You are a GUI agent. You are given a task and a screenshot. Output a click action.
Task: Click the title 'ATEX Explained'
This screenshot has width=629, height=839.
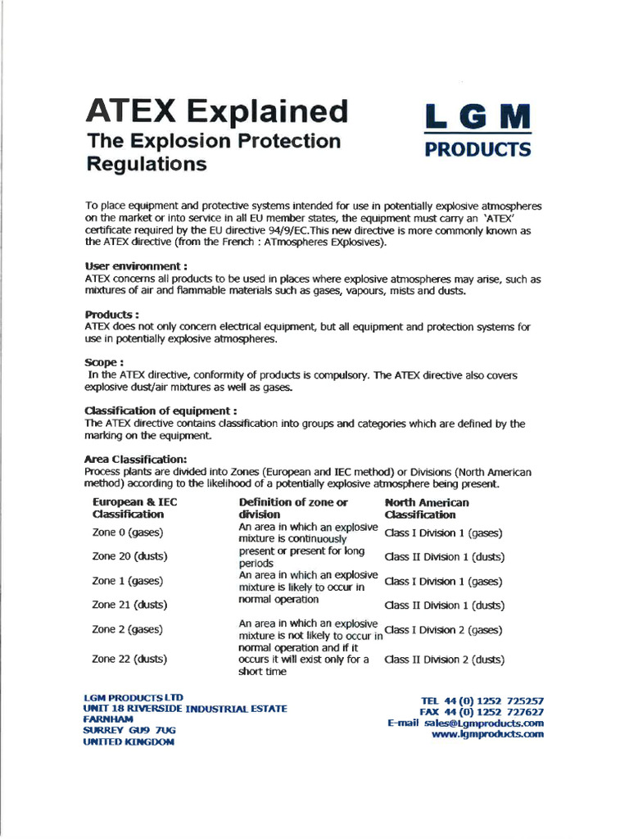coord(217,110)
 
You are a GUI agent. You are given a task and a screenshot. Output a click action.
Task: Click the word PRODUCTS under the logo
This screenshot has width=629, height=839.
coord(477,149)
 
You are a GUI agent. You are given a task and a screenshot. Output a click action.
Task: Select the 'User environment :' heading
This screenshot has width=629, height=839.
coord(136,266)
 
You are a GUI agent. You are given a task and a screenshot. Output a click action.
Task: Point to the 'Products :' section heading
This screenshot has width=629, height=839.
coord(112,314)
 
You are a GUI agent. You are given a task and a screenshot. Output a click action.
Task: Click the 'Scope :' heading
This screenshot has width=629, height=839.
coord(104,361)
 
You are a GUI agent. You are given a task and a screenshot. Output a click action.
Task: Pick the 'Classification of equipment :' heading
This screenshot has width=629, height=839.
coord(161,410)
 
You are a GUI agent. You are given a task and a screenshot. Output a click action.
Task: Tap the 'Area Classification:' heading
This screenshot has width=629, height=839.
coord(136,459)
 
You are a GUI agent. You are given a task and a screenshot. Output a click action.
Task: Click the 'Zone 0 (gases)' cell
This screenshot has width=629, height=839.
coord(128,533)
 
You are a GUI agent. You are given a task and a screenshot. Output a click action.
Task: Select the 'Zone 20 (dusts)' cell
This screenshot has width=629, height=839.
coord(130,556)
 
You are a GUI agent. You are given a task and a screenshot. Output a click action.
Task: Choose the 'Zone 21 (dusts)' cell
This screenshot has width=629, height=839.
coord(130,605)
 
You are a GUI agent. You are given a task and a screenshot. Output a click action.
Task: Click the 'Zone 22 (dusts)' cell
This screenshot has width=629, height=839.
coord(130,658)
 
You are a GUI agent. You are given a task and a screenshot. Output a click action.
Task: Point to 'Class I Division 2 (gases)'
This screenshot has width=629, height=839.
coord(443,630)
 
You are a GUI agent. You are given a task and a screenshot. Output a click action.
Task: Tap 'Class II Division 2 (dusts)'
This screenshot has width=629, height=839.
coord(445,659)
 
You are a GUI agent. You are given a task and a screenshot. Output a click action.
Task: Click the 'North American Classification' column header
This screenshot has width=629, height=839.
coord(427,508)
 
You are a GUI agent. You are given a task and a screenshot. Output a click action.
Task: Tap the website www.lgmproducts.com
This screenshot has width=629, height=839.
coord(487,735)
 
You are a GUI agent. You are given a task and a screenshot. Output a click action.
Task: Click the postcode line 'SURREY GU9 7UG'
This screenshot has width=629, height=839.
coord(129,729)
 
